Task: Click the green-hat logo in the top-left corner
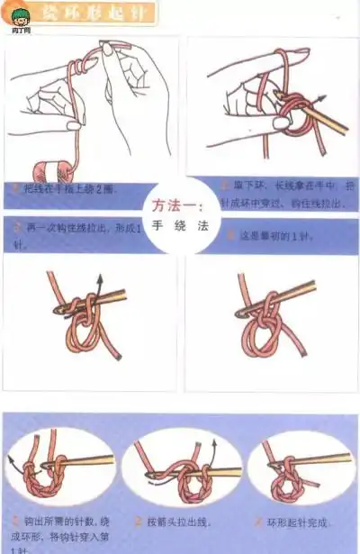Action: click(17, 14)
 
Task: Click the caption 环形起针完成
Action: click(297, 522)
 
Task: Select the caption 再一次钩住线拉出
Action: click(76, 230)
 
